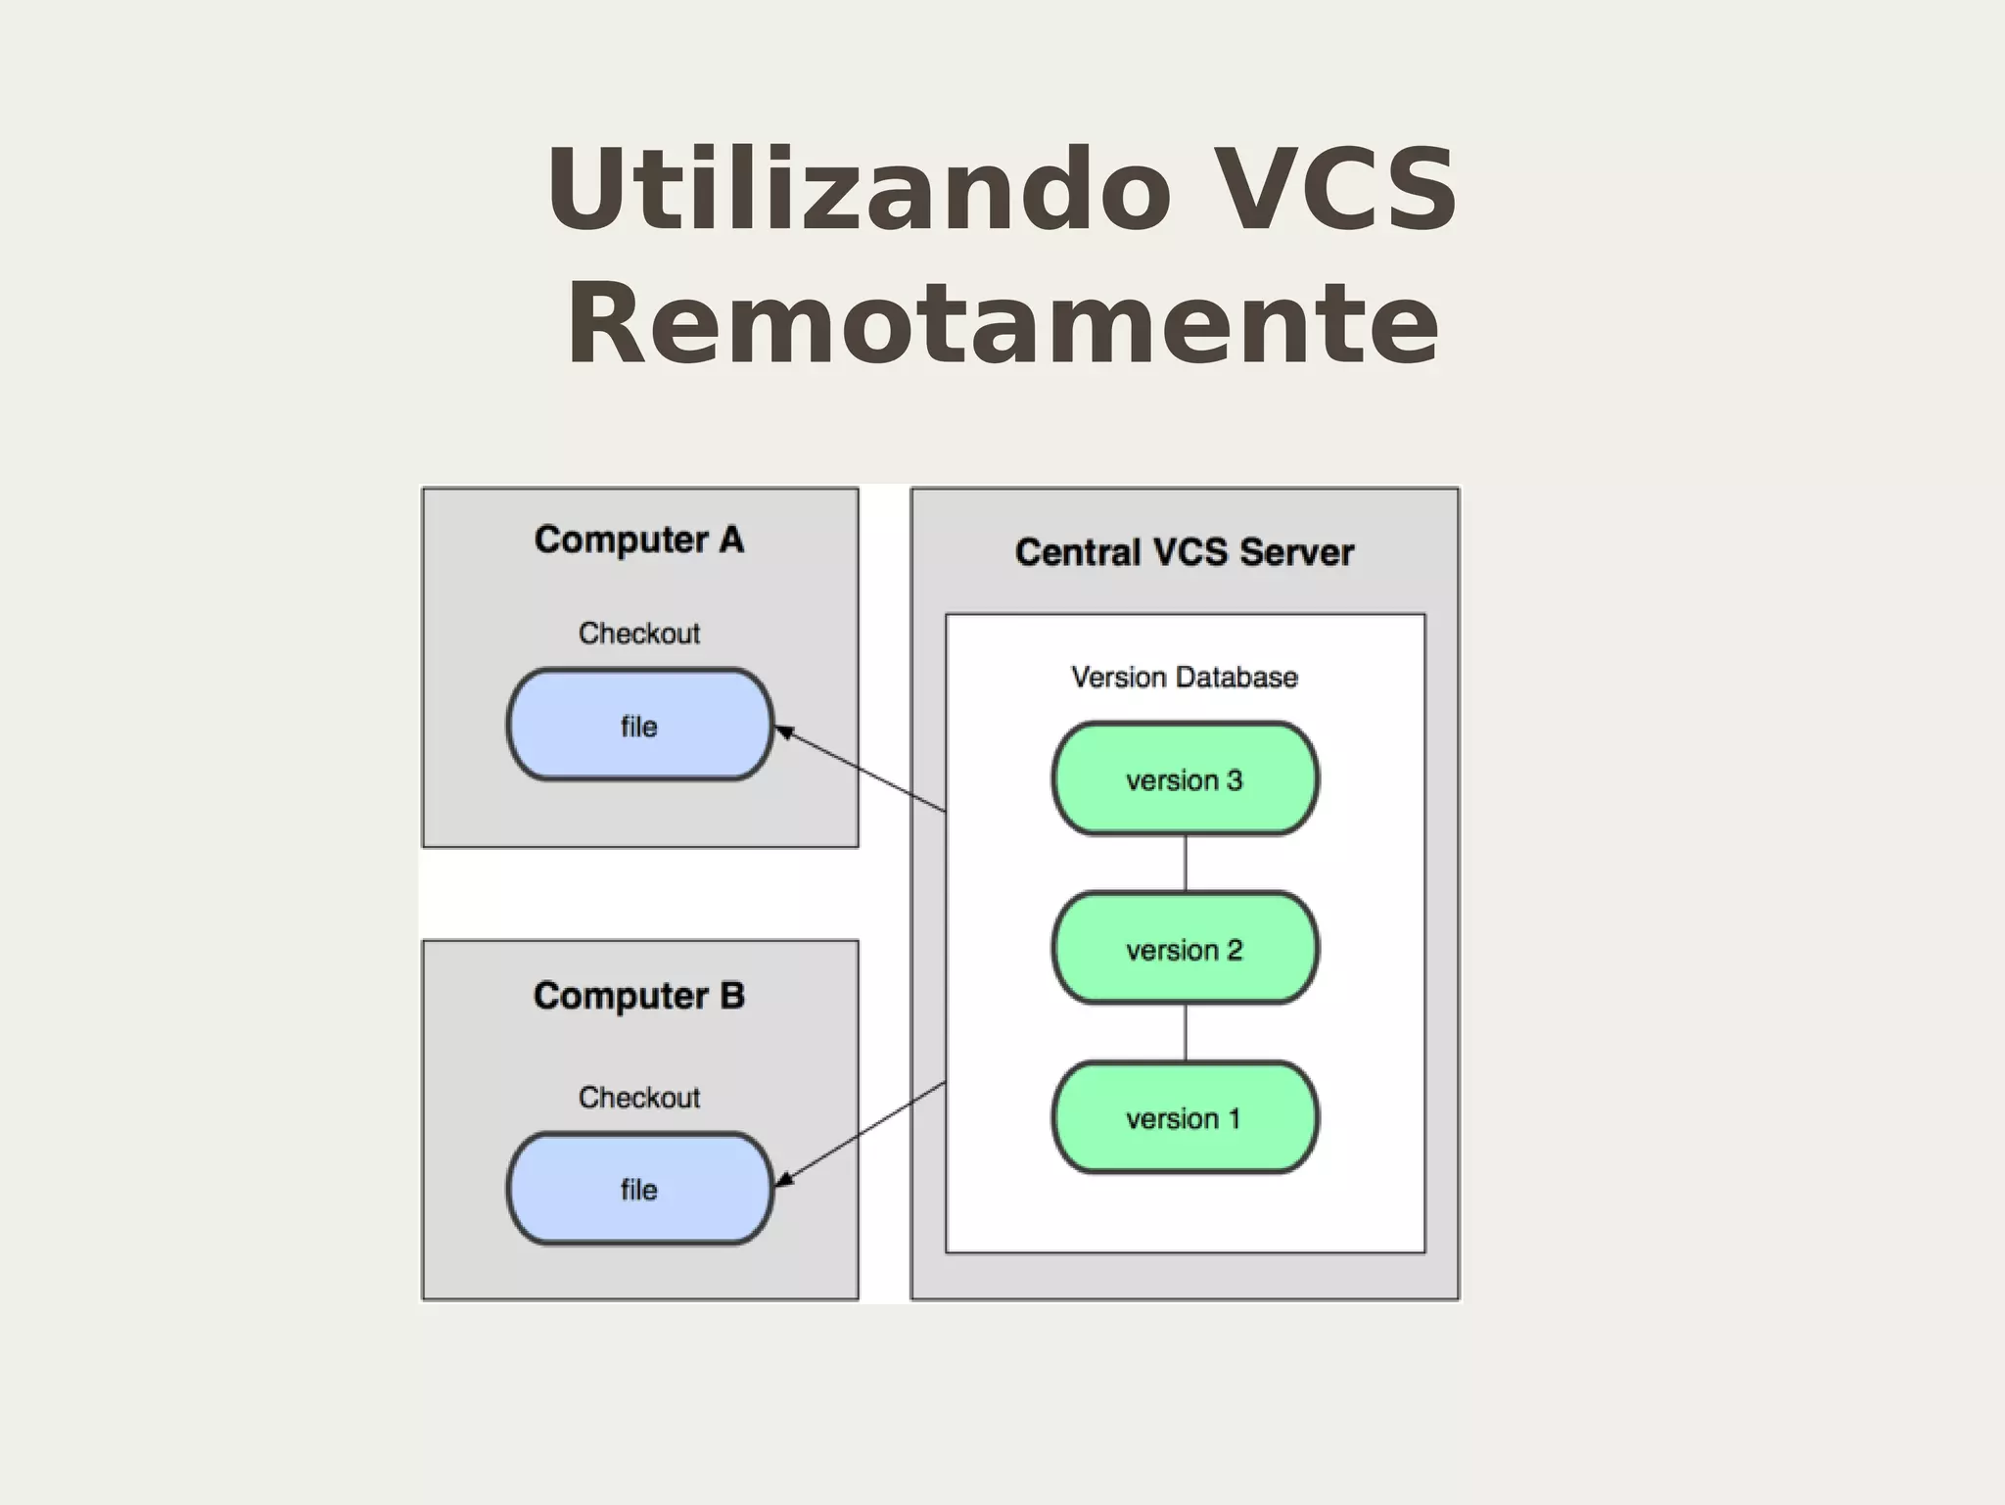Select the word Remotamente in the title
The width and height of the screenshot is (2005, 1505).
coord(1002,323)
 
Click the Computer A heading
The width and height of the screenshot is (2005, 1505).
coord(639,541)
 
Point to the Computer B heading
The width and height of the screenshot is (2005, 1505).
coord(639,997)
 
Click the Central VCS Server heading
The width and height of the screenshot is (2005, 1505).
coord(1185,553)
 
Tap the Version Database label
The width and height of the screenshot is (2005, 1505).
coord(1185,678)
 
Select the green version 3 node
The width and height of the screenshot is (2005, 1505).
coord(1185,779)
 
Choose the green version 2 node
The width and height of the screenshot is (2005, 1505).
coord(1185,949)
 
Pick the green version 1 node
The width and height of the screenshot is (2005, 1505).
coord(1185,1118)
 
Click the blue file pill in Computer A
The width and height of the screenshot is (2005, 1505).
coord(639,726)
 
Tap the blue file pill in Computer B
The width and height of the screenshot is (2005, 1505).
coord(639,1190)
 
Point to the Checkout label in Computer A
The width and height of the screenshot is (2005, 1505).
coord(639,634)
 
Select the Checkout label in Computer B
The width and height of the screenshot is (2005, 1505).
coord(639,1098)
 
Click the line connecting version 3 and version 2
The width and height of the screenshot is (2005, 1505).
coord(1186,864)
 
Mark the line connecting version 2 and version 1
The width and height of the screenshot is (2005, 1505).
coord(1186,1033)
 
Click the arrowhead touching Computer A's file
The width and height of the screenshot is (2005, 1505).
coord(783,730)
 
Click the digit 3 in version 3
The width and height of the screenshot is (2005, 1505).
coord(1235,780)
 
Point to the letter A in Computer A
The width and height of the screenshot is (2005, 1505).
coord(731,540)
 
